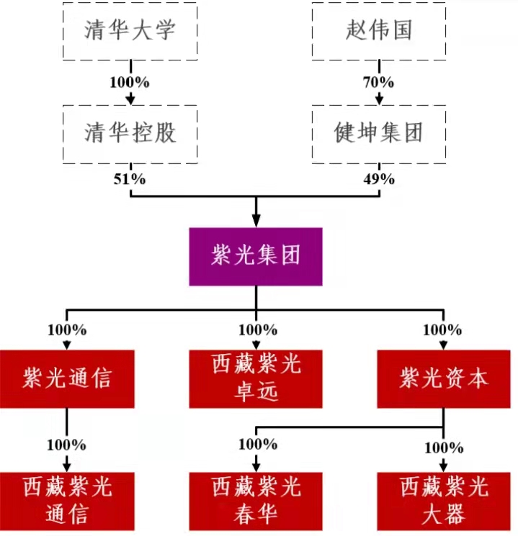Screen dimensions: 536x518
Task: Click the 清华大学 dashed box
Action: tap(130, 32)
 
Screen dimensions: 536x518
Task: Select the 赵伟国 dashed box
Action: tap(378, 32)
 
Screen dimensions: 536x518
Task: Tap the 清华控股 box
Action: tap(130, 133)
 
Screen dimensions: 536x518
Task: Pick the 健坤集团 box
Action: tap(378, 133)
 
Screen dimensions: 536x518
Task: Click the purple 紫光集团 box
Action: tap(256, 257)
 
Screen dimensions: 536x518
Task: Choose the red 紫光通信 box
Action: tap(68, 378)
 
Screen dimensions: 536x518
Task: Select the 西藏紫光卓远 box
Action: tap(256, 379)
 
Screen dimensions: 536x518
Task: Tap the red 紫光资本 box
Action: tap(443, 378)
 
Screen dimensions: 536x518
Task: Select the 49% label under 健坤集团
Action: tap(378, 179)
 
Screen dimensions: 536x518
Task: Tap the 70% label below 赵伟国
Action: tap(378, 82)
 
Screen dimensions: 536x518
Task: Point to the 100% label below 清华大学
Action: tap(130, 82)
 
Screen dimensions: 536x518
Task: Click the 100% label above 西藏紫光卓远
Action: tap(256, 330)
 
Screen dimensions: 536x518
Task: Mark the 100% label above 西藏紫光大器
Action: tap(443, 448)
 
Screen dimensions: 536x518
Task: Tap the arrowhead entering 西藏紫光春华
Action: tap(256, 467)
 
